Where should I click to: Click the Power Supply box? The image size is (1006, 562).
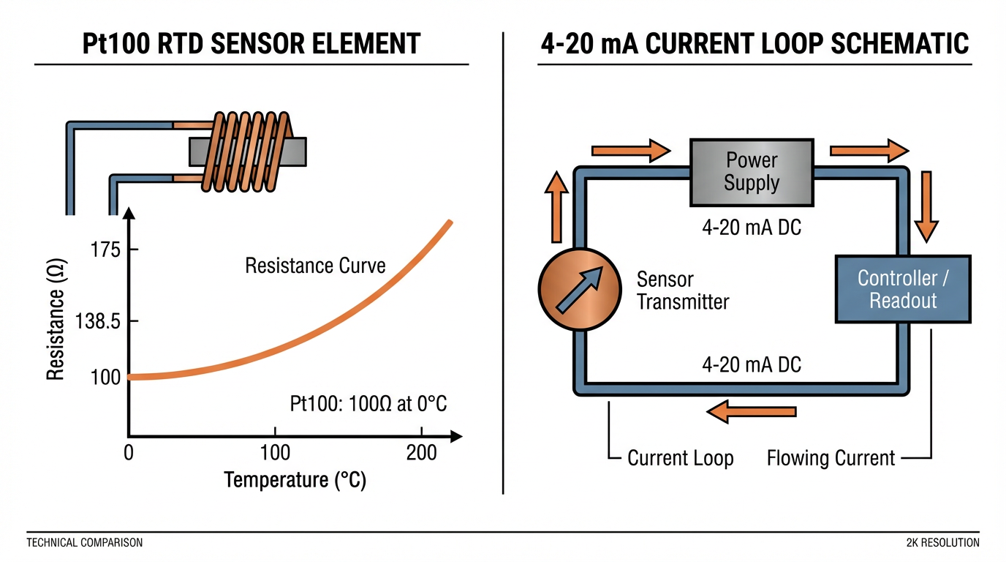(752, 173)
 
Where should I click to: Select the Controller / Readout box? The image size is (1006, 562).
(903, 289)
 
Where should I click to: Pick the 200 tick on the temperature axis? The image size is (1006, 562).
(421, 452)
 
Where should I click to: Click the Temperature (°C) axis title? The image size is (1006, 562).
(295, 480)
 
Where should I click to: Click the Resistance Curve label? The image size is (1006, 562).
(315, 265)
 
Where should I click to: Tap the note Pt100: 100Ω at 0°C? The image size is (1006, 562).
(374, 404)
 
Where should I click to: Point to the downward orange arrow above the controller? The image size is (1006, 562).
(927, 206)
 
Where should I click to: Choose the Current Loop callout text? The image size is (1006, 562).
(680, 459)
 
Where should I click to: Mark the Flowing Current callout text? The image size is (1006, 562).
(831, 459)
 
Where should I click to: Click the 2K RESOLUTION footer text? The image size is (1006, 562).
(942, 543)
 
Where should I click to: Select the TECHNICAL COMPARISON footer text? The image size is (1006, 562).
(84, 543)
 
